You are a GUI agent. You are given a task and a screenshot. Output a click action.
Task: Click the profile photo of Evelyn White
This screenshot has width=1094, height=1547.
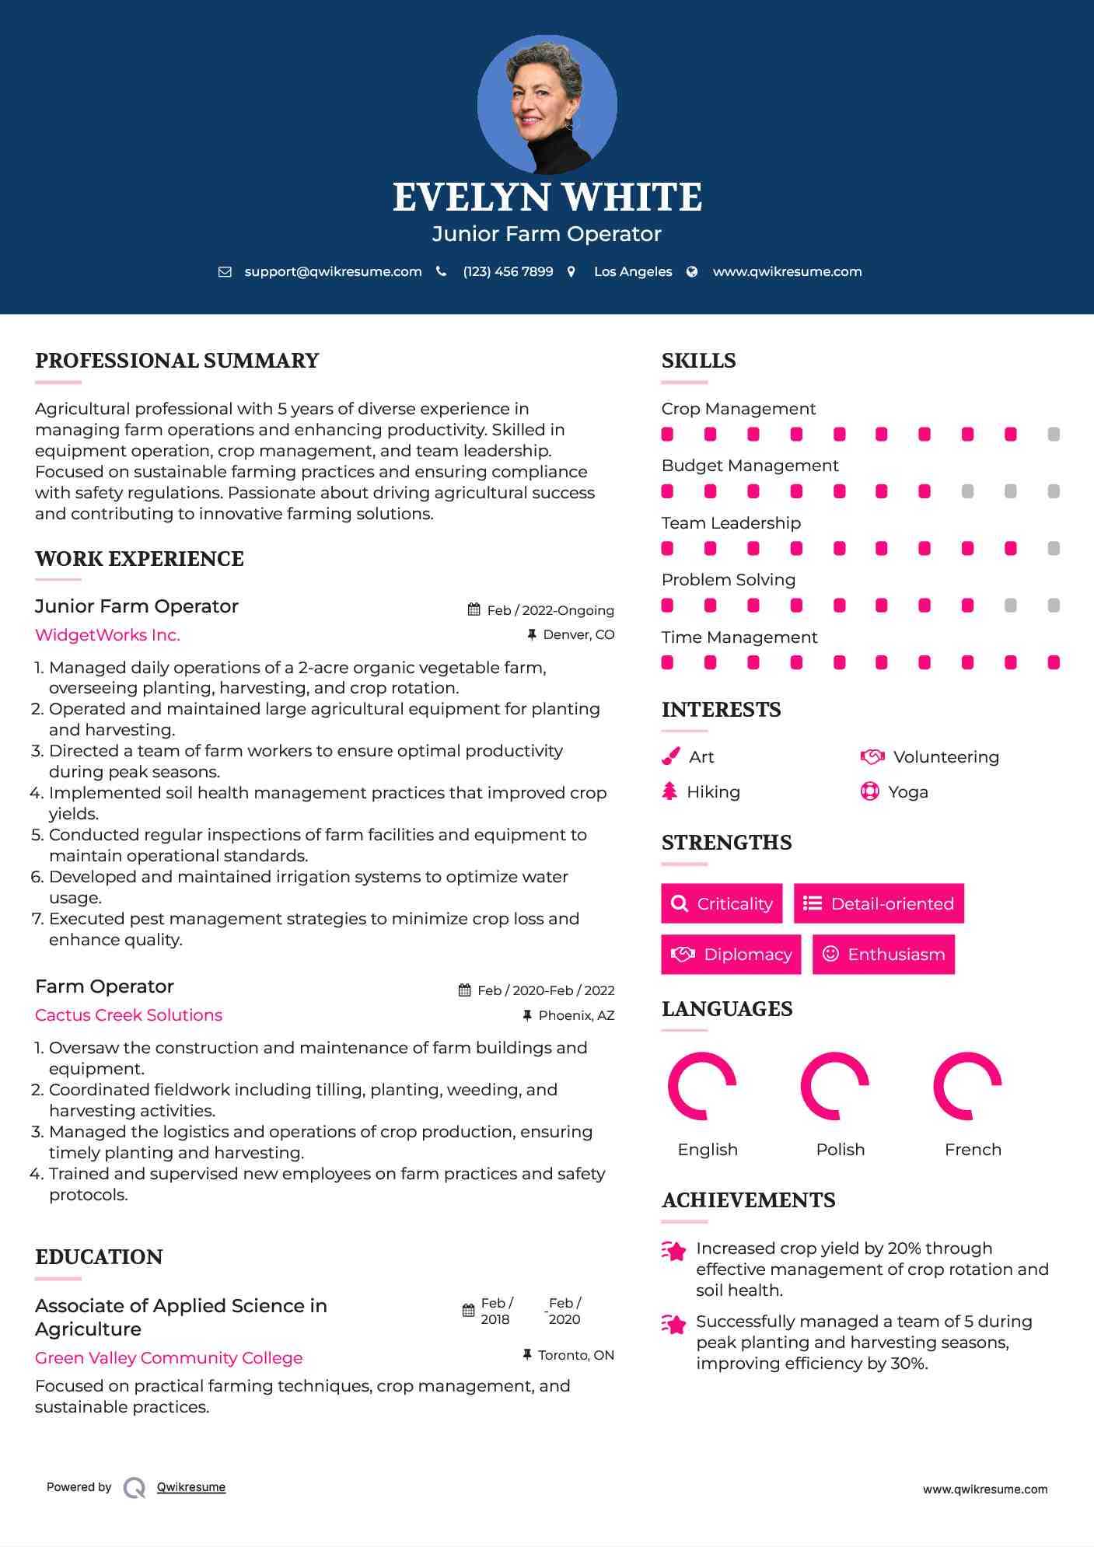(x=547, y=104)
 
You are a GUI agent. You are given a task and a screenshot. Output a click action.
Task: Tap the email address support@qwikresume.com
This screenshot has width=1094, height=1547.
(x=333, y=271)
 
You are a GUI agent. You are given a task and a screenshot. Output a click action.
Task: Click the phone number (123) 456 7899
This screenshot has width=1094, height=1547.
(x=508, y=271)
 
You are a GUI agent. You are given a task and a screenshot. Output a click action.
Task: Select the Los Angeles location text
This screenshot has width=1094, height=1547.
(x=633, y=271)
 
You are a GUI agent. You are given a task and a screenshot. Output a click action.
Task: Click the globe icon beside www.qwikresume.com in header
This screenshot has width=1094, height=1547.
(x=692, y=271)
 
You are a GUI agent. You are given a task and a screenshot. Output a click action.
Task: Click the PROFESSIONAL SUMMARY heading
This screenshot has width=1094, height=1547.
(x=177, y=361)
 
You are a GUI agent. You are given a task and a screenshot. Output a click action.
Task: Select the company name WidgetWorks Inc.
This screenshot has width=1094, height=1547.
(x=107, y=635)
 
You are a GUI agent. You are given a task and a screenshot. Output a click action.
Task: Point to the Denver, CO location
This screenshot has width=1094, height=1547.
(x=578, y=634)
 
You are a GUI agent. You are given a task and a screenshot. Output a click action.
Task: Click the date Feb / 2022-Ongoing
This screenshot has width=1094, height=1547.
(x=550, y=610)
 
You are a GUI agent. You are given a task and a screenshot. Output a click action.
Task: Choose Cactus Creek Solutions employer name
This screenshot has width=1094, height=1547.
(x=128, y=1015)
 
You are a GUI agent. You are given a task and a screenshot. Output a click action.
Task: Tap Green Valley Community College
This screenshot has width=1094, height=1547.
(x=169, y=1358)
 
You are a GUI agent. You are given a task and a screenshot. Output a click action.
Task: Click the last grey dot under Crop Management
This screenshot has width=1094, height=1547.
(x=1054, y=435)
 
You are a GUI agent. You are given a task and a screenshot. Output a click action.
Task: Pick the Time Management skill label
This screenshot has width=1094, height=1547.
(x=739, y=637)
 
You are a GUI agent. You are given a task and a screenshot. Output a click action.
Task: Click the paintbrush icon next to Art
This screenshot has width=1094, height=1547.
(x=670, y=756)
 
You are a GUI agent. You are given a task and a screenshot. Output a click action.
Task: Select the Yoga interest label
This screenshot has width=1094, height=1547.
(x=908, y=792)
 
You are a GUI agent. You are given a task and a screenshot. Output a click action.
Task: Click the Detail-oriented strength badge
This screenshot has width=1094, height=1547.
(x=879, y=903)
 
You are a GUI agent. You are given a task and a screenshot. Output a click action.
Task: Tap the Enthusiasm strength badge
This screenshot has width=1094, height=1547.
(x=883, y=954)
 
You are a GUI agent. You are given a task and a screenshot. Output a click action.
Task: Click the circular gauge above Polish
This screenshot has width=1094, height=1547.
(x=834, y=1086)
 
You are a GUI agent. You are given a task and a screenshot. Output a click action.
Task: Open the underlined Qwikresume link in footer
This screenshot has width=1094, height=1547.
(x=191, y=1487)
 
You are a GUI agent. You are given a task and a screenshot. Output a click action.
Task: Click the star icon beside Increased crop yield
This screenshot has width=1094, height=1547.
(x=674, y=1251)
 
